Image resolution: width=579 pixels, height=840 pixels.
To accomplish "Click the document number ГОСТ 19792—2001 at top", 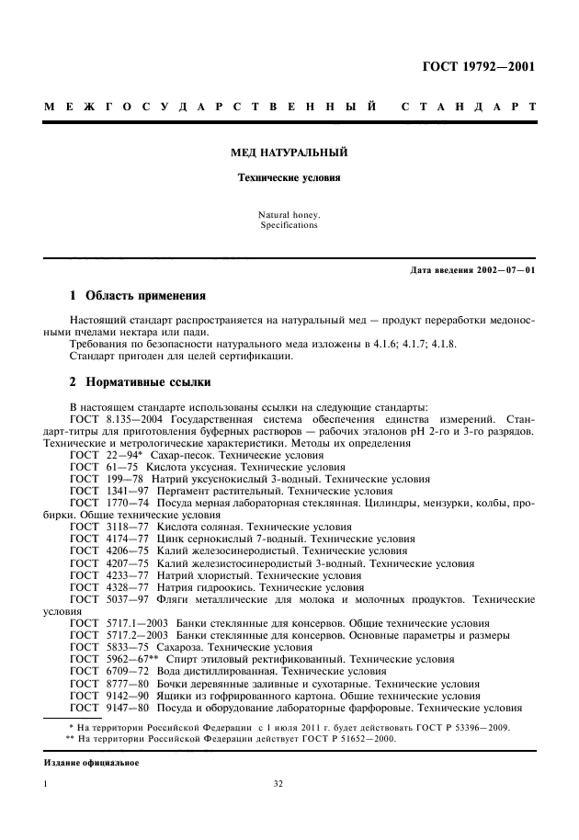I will [478, 66].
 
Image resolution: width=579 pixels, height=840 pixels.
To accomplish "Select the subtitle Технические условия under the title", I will [289, 177].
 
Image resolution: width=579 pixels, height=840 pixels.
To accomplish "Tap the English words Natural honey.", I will [289, 215].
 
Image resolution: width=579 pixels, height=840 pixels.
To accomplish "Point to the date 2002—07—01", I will [506, 269].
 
